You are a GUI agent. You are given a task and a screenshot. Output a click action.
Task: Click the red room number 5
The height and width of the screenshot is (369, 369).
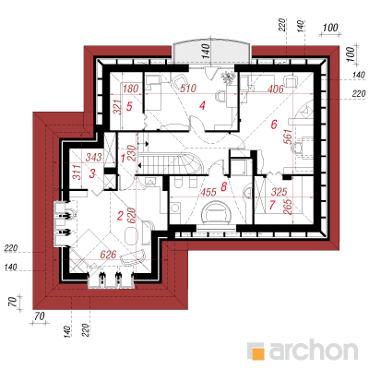coord(129,107)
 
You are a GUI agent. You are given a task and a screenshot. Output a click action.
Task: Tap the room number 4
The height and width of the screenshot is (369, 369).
coord(202,106)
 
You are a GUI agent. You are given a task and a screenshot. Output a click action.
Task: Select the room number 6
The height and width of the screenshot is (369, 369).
coord(274,125)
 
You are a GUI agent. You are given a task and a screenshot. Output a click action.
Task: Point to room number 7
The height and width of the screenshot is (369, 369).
coord(272,205)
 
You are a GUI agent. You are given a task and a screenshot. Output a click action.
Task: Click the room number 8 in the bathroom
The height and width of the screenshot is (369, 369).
coord(224,186)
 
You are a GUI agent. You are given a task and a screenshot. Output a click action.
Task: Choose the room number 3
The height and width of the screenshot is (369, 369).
coord(92,173)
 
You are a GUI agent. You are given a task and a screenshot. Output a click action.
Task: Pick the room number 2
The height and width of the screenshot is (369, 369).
coord(120,216)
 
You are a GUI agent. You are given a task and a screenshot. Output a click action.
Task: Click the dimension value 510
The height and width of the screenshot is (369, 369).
coord(188,89)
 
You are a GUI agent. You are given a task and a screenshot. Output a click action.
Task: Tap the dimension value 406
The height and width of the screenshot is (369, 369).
coord(276,89)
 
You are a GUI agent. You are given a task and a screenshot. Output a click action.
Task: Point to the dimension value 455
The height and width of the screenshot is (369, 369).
coord(208,192)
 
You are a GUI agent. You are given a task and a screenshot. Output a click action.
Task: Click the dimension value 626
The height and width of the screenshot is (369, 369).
coord(109,255)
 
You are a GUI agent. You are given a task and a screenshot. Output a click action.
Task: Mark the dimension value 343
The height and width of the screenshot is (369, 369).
coord(93,158)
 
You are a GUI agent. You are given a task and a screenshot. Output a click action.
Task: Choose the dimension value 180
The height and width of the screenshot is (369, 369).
coord(130,89)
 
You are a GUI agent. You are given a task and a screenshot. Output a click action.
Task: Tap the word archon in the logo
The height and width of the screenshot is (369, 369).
coord(314,350)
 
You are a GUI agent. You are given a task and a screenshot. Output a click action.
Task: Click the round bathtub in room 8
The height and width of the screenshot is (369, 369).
coord(215,213)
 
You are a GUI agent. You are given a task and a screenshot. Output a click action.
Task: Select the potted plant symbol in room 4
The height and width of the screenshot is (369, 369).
coord(229,77)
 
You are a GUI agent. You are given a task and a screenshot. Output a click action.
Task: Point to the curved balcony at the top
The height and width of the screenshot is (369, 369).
coord(211,51)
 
